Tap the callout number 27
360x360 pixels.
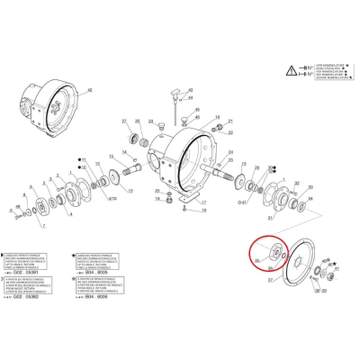(124, 121)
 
